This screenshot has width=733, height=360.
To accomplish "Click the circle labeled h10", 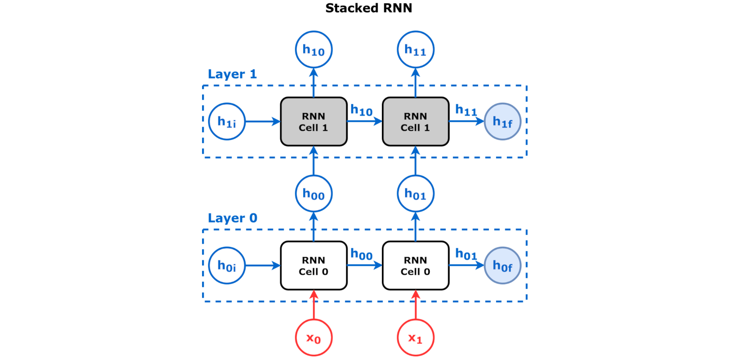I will pyautogui.click(x=314, y=49).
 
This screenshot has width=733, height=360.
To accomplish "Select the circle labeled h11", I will pyautogui.click(x=415, y=49).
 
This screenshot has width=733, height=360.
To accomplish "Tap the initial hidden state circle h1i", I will pyautogui.click(x=227, y=122).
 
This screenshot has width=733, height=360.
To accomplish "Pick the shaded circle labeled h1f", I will pyautogui.click(x=503, y=122).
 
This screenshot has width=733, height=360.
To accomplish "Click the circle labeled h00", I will pyautogui.click(x=314, y=194).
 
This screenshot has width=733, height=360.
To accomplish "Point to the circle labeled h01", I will pyautogui.click(x=415, y=194).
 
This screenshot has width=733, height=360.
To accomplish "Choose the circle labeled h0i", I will pyautogui.click(x=227, y=266).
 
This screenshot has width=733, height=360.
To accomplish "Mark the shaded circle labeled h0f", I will pyautogui.click(x=503, y=266).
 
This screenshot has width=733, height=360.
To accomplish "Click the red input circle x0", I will pyautogui.click(x=314, y=338).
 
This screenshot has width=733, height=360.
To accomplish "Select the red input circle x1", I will pyautogui.click(x=415, y=338).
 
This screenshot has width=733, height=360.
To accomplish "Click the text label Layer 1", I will pyautogui.click(x=232, y=74).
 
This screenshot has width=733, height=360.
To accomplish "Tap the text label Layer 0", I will pyautogui.click(x=232, y=218).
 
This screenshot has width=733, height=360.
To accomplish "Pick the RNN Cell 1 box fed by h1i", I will pyautogui.click(x=314, y=122).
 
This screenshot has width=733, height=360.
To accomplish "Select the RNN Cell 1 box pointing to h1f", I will pyautogui.click(x=415, y=122).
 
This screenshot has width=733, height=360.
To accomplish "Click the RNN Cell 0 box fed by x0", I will pyautogui.click(x=314, y=266).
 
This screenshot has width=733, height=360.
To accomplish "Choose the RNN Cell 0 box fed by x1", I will pyautogui.click(x=415, y=266).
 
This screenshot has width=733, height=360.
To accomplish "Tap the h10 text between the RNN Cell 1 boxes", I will pyautogui.click(x=361, y=110).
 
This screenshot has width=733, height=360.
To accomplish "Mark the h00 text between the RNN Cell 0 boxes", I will pyautogui.click(x=361, y=254).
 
